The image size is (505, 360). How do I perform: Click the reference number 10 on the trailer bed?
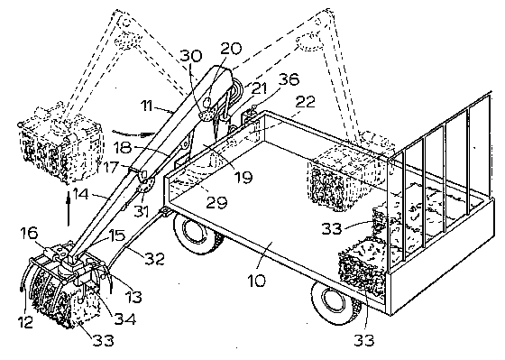tap(257, 281)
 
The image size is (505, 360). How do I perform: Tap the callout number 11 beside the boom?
tap(148, 106)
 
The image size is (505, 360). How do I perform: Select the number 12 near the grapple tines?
tap(26, 321)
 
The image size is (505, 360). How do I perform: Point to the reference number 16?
tap(29, 233)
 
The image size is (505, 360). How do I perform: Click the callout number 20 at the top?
tap(231, 49)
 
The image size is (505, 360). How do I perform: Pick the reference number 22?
tap(305, 102)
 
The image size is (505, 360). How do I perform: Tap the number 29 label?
tap(216, 202)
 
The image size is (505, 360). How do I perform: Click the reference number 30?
tap(191, 55)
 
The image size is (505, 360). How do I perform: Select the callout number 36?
tap(289, 79)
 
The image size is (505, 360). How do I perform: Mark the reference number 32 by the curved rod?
tap(154, 258)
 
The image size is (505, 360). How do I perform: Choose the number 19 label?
tap(243, 177)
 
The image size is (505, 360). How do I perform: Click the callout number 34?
tap(125, 318)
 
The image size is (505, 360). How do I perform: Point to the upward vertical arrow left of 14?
tap(68, 208)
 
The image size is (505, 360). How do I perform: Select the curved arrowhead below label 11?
tap(148, 133)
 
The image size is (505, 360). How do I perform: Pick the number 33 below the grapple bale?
tap(104, 341)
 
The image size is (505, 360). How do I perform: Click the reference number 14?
tap(80, 194)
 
